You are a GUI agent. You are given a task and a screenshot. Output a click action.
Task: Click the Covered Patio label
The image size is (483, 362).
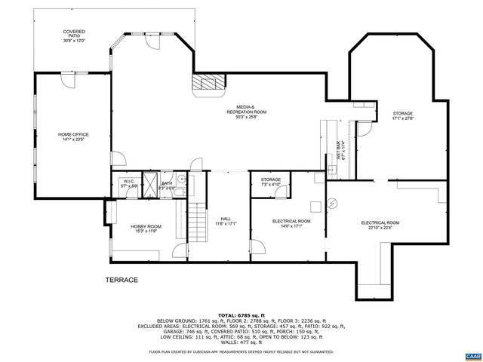tap(74, 35)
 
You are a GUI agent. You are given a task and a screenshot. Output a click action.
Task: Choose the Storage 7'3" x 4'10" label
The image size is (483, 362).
tap(271, 182)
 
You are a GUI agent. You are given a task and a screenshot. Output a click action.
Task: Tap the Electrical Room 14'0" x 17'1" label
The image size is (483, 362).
tap(291, 223)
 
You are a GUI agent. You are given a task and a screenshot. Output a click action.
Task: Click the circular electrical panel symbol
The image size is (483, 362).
tap(332, 204)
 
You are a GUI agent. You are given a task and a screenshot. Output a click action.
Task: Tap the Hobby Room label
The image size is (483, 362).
tap(145, 228)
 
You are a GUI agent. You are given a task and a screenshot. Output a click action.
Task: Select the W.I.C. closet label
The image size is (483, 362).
tap(128, 183)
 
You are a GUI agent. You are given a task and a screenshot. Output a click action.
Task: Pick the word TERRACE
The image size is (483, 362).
tap(122, 280)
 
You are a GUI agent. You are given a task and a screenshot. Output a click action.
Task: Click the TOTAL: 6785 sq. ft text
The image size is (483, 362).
tap(241, 314)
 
